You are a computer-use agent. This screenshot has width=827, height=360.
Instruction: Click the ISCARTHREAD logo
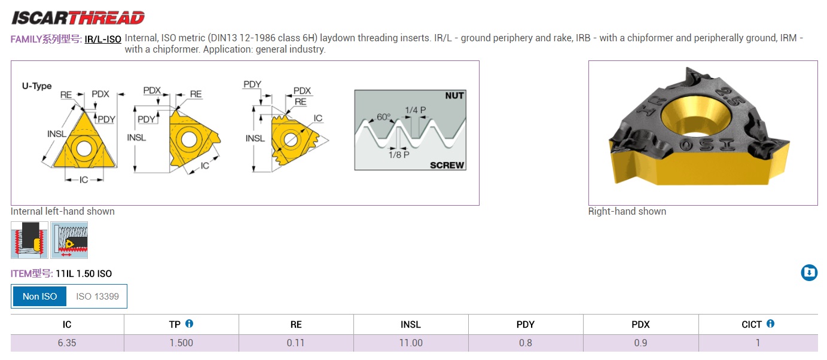coord(78,18)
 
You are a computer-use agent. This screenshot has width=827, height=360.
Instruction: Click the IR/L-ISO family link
coord(103,39)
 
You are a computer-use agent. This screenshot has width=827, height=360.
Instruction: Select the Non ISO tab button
coord(39,296)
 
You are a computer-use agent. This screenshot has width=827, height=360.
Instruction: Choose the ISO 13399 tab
coord(97,296)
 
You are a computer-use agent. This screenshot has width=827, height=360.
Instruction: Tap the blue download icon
coord(809,273)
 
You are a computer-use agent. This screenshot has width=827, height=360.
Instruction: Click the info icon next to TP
coord(189,324)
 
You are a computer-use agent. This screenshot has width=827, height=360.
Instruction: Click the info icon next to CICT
coord(770,324)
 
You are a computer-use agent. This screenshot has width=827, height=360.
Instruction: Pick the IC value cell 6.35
coord(67,343)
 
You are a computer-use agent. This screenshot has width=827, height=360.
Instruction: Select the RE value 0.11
coord(296,343)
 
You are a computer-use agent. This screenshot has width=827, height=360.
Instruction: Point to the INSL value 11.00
coord(411,343)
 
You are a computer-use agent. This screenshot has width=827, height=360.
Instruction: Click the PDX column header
coord(640,325)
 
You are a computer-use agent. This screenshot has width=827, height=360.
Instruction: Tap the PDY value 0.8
coord(526,343)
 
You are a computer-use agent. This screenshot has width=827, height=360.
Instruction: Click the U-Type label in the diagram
coord(36,86)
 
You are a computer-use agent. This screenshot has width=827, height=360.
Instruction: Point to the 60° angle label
coord(383,117)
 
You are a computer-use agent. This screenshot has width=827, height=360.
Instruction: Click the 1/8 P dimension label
coord(399,155)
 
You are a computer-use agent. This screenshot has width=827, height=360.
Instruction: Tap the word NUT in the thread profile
coord(454,96)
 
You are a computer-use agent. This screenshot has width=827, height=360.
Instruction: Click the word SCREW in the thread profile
coord(447,165)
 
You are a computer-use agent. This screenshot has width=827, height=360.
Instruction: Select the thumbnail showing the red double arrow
coord(69,240)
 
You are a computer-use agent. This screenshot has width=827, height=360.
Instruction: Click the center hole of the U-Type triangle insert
coord(84,149)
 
